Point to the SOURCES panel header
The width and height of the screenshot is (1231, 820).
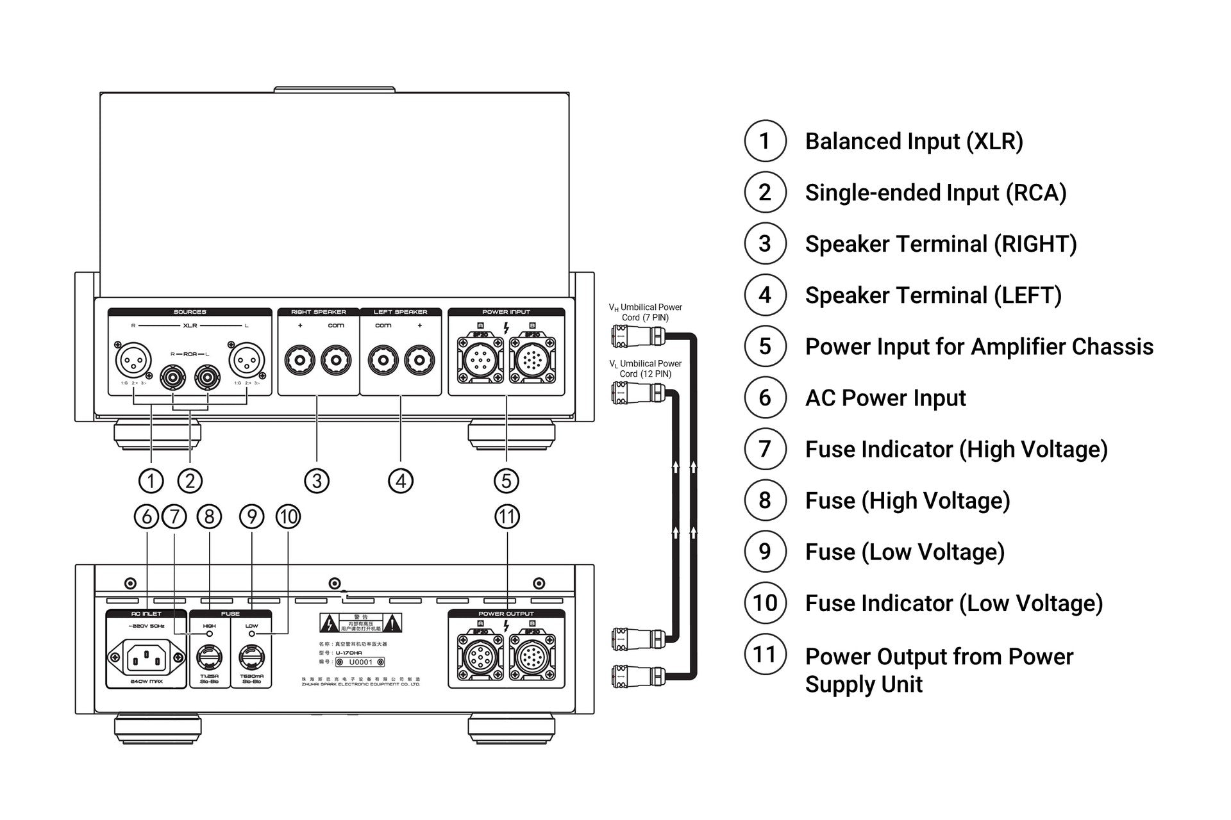pyautogui.click(x=190, y=312)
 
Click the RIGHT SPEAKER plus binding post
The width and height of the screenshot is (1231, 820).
pyautogui.click(x=299, y=360)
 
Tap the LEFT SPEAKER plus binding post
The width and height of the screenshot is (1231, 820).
pyautogui.click(x=419, y=360)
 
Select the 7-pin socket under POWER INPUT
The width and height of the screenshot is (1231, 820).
pyautogui.click(x=480, y=361)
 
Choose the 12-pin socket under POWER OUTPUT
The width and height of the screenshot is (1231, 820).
pyautogui.click(x=532, y=659)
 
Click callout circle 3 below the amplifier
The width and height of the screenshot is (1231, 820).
pyautogui.click(x=317, y=480)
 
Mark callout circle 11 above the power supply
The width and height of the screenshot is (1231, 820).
pyautogui.click(x=507, y=516)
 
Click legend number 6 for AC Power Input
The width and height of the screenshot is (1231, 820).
pyautogui.click(x=765, y=398)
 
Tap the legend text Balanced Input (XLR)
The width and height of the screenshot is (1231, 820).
pyautogui.click(x=914, y=142)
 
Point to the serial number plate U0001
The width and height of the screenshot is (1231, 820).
pyautogui.click(x=360, y=662)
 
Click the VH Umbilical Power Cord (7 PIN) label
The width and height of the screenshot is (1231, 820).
pyautogui.click(x=646, y=312)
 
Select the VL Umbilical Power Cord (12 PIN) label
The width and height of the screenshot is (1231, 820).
pyautogui.click(x=646, y=368)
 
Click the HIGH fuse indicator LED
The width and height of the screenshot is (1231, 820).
pyautogui.click(x=209, y=634)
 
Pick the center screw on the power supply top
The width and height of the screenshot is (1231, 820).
pyautogui.click(x=334, y=584)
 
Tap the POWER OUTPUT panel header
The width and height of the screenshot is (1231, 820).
pyautogui.click(x=506, y=614)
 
